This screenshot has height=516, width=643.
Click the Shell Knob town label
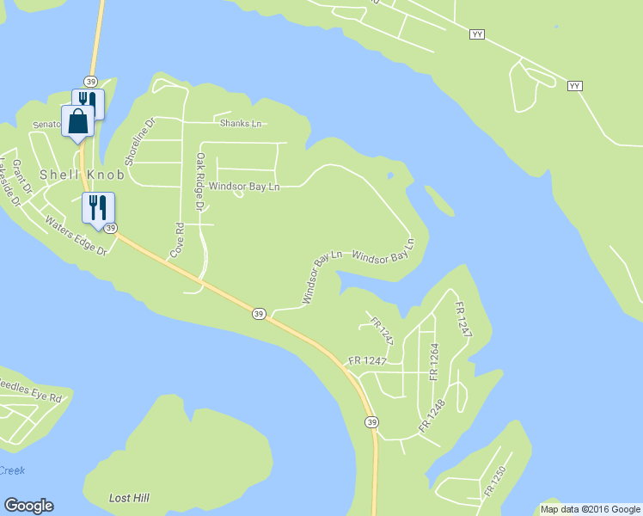click(81, 175)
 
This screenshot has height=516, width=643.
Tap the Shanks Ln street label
click(241, 124)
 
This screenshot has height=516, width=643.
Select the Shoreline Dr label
click(141, 142)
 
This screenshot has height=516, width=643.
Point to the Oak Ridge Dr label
click(199, 182)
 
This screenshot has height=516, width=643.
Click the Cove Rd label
click(178, 241)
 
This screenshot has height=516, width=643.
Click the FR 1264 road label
click(434, 361)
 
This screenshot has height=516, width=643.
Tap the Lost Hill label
click(130, 498)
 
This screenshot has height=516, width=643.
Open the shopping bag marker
click(77, 120)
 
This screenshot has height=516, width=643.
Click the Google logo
click(28, 506)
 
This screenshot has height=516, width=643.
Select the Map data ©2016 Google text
click(590, 509)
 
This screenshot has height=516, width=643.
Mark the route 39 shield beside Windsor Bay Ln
click(259, 314)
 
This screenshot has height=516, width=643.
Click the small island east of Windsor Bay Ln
click(438, 200)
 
